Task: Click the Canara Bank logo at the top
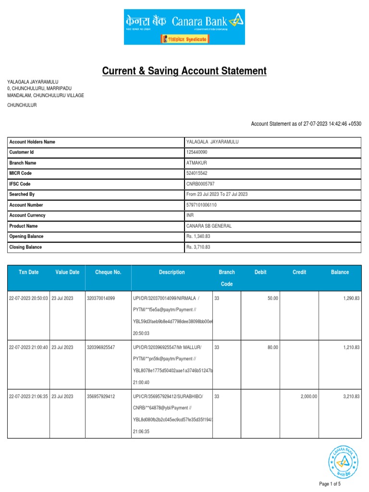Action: click(x=184, y=27)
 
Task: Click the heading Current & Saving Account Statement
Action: click(x=184, y=72)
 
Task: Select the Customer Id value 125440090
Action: click(x=197, y=152)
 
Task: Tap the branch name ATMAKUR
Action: click(x=197, y=163)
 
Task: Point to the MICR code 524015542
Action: click(x=197, y=173)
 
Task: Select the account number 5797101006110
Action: click(x=201, y=205)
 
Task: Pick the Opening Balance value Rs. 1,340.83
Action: click(x=198, y=237)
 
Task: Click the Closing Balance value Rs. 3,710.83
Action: click(x=198, y=247)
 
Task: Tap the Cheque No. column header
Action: click(x=108, y=272)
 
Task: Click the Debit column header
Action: click(x=260, y=272)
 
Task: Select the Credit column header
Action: click(x=299, y=272)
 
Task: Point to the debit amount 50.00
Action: click(x=272, y=299)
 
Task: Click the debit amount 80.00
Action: click(x=272, y=347)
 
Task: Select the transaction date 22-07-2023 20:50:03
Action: click(x=28, y=299)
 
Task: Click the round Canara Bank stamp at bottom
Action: click(x=343, y=461)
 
